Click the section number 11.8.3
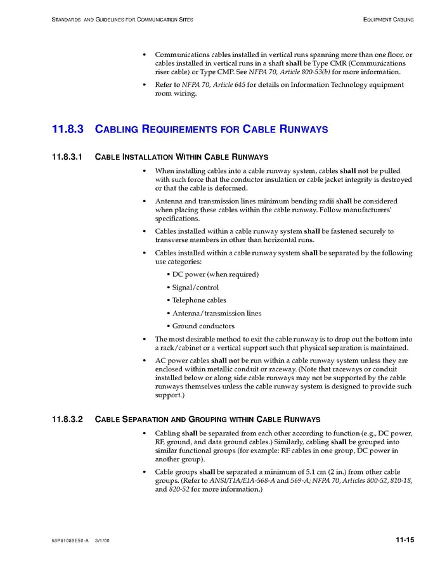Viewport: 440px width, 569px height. pyautogui.click(x=67, y=129)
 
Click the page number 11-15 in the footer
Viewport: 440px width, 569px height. pyautogui.click(x=404, y=540)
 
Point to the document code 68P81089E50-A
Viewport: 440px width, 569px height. pyautogui.click(x=70, y=540)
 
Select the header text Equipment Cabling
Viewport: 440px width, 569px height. pyautogui.click(x=388, y=20)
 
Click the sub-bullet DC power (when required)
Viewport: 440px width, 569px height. pyautogui.click(x=215, y=274)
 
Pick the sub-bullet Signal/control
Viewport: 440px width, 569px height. pyautogui.click(x=195, y=288)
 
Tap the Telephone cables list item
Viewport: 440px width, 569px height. pyautogui.click(x=199, y=300)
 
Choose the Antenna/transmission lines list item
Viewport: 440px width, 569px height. pyautogui.click(x=216, y=313)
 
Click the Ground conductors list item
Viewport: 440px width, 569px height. pyautogui.click(x=203, y=326)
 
